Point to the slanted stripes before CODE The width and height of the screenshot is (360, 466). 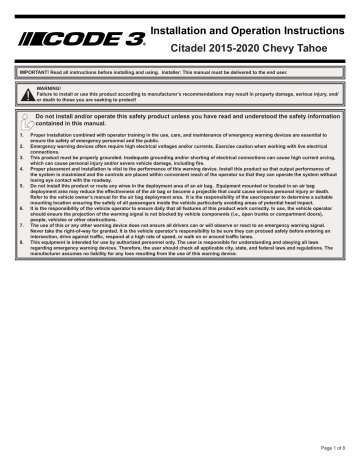26,35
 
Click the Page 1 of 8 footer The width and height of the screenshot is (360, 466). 333,448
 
